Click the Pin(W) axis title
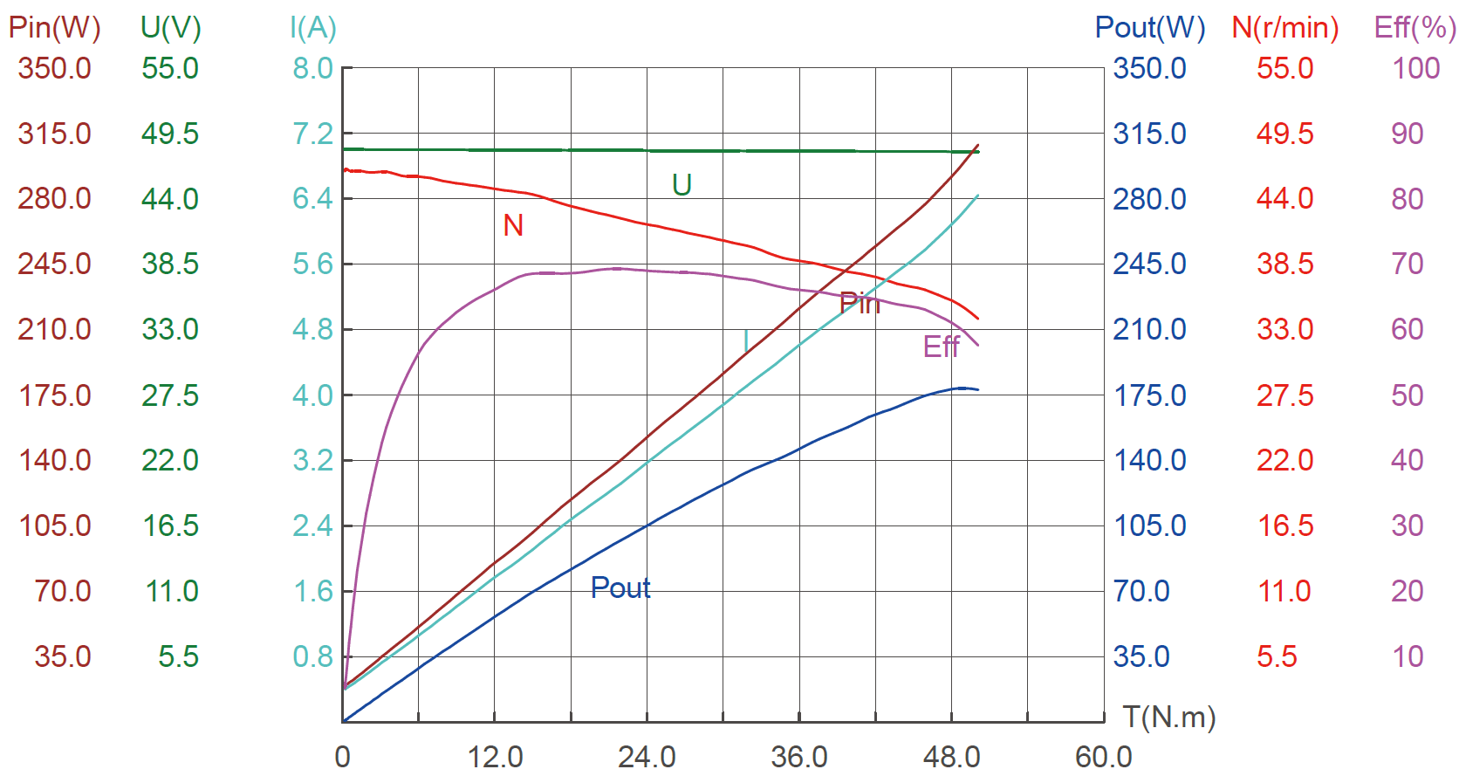54,28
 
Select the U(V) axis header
170,28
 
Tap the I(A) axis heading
312,28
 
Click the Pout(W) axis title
1149,28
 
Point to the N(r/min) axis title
1284,28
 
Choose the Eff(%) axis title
1415,28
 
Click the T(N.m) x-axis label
1168,718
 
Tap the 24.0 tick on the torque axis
647,757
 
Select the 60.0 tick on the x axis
1103,757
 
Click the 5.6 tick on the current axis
312,264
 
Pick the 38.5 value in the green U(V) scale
170,264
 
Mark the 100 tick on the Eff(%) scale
1415,68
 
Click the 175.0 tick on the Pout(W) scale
1149,395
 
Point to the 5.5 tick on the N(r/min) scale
1277,656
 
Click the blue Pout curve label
620,587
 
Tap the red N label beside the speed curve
513,226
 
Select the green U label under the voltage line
682,185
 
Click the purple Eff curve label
941,347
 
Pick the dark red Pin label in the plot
860,304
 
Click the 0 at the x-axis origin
342,757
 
